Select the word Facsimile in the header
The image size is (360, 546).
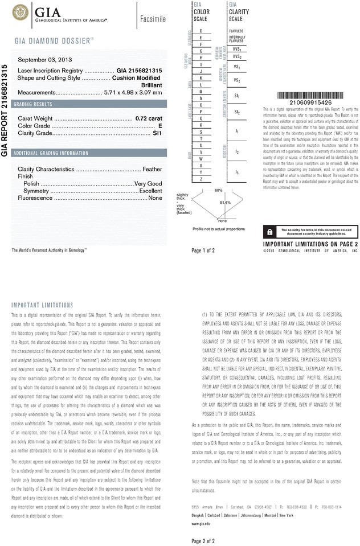(x=152, y=18)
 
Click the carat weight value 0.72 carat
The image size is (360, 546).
(x=149, y=118)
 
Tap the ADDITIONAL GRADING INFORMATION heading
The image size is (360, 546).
(x=51, y=153)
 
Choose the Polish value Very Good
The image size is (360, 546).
(x=148, y=183)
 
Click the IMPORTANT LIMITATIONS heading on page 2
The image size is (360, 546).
(x=42, y=305)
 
